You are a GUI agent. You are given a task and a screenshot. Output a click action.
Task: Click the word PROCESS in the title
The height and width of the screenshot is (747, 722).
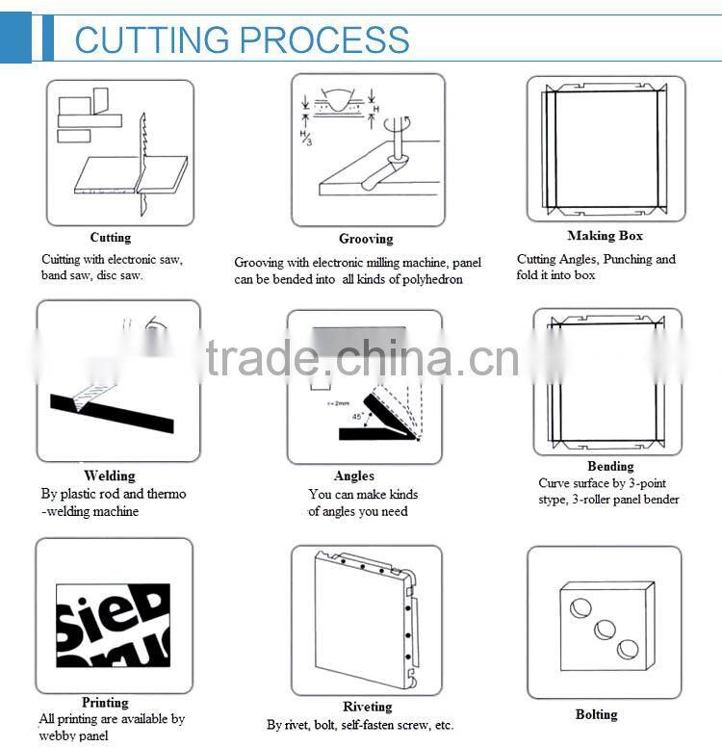click(x=324, y=39)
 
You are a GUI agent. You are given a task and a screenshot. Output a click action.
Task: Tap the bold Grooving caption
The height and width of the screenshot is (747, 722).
click(x=366, y=239)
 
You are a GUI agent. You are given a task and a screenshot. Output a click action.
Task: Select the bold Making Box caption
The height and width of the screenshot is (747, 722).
click(x=605, y=236)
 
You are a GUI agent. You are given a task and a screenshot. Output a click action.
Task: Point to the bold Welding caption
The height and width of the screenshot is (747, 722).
click(x=110, y=476)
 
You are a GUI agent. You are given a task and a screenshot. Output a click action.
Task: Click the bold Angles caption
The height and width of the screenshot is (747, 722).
click(x=354, y=476)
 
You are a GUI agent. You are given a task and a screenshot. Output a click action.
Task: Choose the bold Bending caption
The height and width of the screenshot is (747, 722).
click(x=610, y=466)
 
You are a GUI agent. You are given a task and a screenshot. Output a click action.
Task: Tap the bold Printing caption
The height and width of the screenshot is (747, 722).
click(x=105, y=702)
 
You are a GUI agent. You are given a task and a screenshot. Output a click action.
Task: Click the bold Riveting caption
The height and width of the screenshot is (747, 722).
click(x=368, y=707)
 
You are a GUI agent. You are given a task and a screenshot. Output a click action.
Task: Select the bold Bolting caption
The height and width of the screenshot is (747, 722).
click(x=596, y=714)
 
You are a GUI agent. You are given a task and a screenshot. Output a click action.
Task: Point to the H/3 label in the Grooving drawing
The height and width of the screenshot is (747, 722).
click(x=306, y=138)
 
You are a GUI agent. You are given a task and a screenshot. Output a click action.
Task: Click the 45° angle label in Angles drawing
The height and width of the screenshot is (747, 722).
click(x=357, y=417)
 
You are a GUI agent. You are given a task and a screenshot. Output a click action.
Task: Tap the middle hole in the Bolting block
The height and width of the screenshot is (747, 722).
click(x=605, y=629)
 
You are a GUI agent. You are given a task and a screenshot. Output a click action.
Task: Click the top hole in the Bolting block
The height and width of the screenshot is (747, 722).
click(x=580, y=607)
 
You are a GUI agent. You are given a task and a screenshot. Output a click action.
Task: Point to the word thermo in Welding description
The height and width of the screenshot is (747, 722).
click(x=167, y=494)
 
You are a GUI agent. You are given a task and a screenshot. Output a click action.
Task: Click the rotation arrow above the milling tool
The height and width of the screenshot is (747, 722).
click(x=397, y=124)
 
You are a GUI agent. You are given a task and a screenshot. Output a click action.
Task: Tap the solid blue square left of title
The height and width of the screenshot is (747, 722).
click(x=15, y=39)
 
